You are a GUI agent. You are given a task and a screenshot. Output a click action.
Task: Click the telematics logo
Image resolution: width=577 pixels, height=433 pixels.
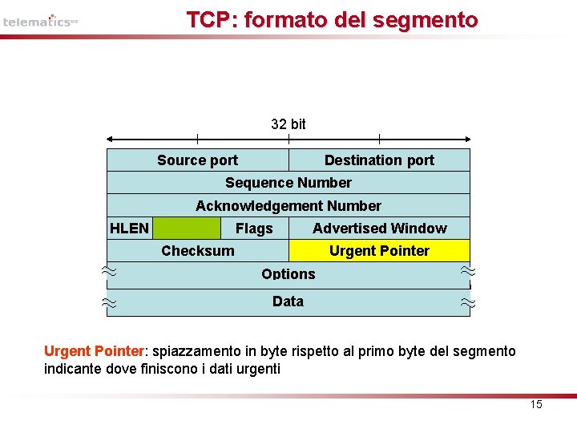(40, 21)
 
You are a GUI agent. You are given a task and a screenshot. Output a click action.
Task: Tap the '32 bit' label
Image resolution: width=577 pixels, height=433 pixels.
(288, 123)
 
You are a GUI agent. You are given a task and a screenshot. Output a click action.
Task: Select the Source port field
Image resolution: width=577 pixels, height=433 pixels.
(197, 160)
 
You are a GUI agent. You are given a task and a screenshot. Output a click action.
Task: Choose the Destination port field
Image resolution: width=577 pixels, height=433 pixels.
(379, 160)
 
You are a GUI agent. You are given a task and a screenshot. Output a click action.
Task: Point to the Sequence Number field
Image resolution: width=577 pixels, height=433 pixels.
(288, 183)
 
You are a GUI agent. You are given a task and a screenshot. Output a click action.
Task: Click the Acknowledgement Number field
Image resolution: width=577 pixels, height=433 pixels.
(288, 206)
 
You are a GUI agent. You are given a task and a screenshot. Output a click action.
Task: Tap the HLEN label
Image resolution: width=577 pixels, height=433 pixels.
(129, 229)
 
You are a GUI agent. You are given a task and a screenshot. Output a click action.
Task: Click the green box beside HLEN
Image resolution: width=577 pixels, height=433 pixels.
(186, 229)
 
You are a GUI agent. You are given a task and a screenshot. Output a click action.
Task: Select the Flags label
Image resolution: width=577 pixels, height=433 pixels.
(254, 229)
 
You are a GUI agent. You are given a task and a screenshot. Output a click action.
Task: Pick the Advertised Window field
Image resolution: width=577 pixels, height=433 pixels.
(379, 229)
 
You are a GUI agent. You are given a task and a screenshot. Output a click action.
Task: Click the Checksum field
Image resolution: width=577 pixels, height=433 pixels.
(198, 251)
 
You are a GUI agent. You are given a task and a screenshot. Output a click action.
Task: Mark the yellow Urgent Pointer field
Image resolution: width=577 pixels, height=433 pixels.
(379, 251)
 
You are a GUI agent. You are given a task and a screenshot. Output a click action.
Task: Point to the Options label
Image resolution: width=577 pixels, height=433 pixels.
(288, 274)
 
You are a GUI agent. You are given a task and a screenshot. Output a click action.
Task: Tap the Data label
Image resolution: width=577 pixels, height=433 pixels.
(288, 301)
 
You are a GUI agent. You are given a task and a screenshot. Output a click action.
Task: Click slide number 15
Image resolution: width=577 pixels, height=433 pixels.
(536, 405)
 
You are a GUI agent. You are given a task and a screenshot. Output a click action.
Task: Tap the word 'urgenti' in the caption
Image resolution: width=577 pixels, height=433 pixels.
(258, 369)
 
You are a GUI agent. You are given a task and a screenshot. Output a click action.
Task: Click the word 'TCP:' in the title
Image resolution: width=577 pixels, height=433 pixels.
(212, 20)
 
